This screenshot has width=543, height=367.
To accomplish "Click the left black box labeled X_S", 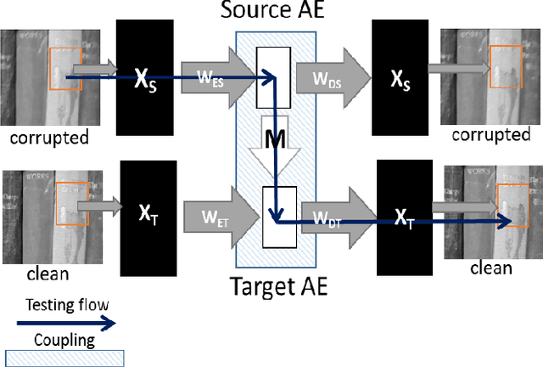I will [x=147, y=75].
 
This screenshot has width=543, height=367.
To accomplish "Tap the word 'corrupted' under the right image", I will [x=490, y=135].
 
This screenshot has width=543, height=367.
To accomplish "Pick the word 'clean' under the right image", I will [x=491, y=268].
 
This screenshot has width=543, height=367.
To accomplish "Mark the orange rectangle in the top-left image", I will [x=65, y=68].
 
